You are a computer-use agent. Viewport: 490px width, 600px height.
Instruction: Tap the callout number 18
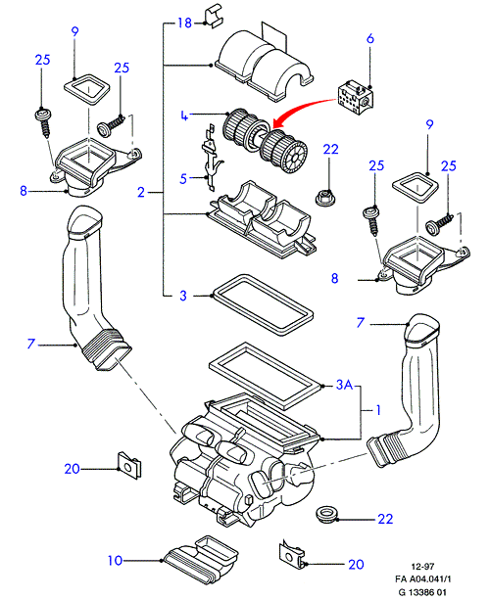[x=184, y=23]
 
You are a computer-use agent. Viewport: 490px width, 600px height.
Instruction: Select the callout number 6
[x=370, y=38]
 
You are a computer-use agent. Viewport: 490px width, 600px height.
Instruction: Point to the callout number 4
[x=184, y=115]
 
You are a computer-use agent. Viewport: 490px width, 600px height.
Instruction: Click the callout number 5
[x=183, y=178]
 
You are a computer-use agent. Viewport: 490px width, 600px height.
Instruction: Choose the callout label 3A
[x=344, y=385]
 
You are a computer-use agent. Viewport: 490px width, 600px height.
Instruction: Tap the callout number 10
[x=115, y=561]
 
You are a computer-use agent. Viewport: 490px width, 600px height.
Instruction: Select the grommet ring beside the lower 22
[x=326, y=514]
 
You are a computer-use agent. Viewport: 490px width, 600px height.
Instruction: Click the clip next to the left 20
[x=128, y=465]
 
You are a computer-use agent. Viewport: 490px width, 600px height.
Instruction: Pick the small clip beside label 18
[x=214, y=16]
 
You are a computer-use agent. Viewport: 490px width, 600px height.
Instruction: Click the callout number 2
[x=141, y=192]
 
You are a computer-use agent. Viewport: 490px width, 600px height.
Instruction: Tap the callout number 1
[x=378, y=410]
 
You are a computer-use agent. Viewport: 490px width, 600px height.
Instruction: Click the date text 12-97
[x=422, y=567]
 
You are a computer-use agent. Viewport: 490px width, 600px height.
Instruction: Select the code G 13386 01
[x=422, y=592]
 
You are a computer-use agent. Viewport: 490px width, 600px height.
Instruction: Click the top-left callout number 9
[x=74, y=31]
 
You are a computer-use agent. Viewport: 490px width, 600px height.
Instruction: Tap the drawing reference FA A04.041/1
[x=420, y=579]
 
